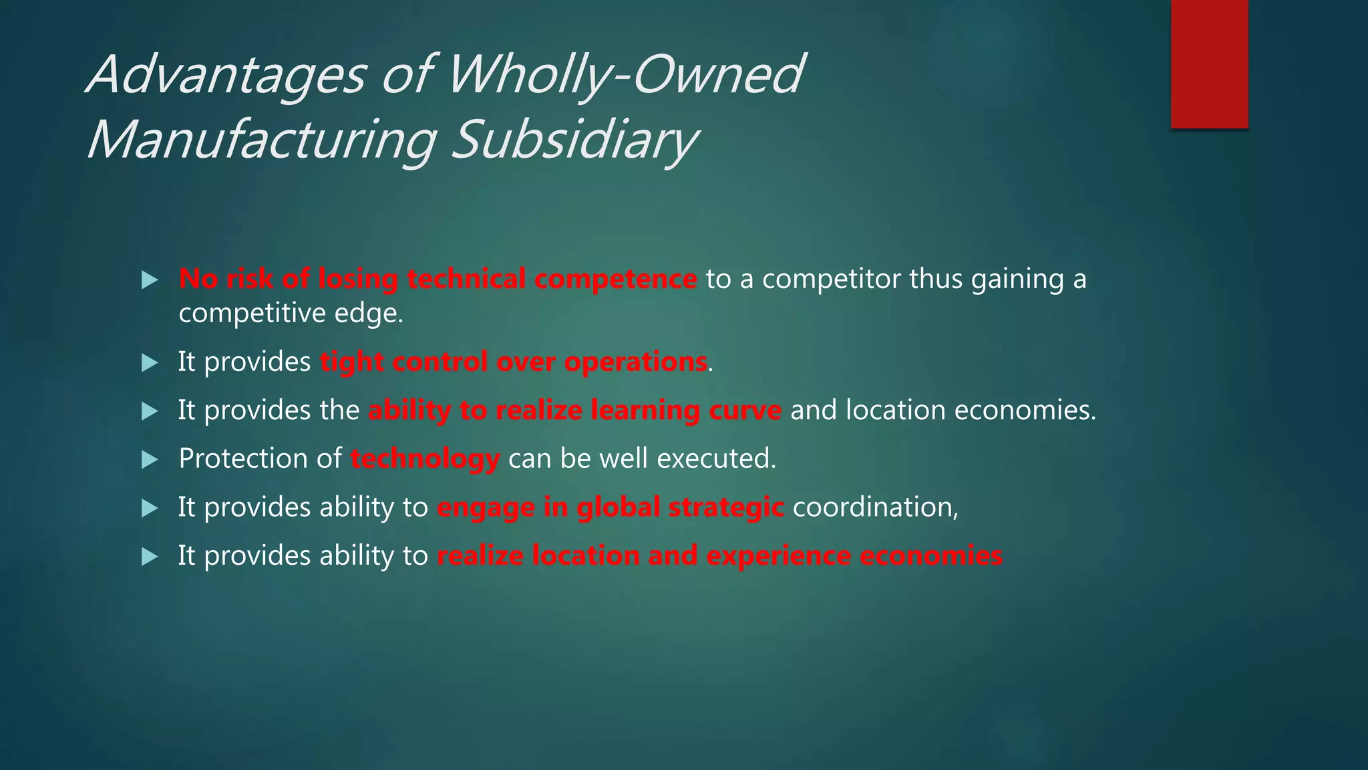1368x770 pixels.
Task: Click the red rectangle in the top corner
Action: pyautogui.click(x=1209, y=63)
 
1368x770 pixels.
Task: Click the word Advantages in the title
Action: pyautogui.click(x=227, y=75)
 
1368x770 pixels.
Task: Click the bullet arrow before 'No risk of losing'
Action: pyautogui.click(x=150, y=280)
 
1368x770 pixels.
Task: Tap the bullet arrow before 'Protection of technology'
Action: pyautogui.click(x=150, y=460)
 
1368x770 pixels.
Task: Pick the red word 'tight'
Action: pyautogui.click(x=351, y=362)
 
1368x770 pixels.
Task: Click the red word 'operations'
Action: pyautogui.click(x=635, y=362)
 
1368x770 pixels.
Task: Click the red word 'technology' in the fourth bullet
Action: pyautogui.click(x=425, y=459)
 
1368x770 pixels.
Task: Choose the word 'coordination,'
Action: pyautogui.click(x=875, y=507)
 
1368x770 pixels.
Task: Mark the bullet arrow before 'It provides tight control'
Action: pyautogui.click(x=150, y=363)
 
